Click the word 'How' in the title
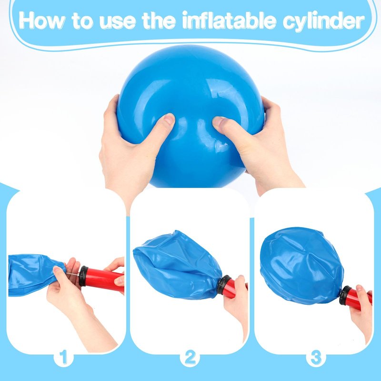coord(41,20)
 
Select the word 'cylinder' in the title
coord(323,21)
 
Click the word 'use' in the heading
coord(117,22)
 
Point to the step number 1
coord(63,358)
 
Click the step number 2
coord(190,358)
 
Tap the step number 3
coord(316,358)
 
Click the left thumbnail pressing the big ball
coord(169,119)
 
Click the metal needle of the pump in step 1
coord(72,274)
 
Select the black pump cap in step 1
coord(83,276)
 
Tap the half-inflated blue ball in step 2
coord(177,265)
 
